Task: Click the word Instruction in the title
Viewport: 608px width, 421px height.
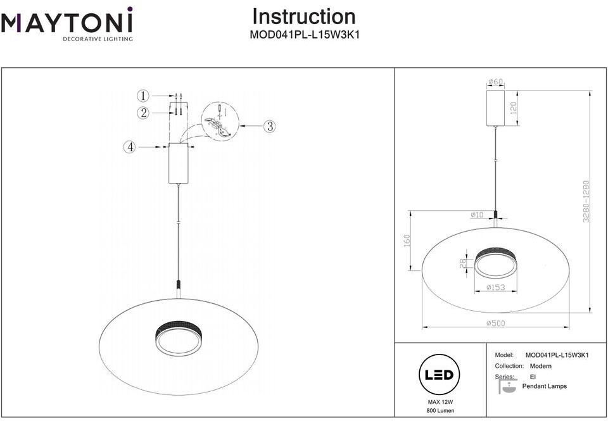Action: coord(304,16)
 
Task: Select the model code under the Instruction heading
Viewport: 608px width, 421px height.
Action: coord(305,35)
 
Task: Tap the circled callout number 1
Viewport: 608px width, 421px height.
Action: coord(143,96)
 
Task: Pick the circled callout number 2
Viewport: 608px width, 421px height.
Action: coord(143,113)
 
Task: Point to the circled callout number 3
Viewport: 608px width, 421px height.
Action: coord(270,126)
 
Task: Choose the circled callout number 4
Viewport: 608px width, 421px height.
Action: coord(130,148)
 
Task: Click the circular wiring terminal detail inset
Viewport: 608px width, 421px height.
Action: coord(220,121)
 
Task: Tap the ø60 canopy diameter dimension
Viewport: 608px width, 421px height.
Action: coord(495,82)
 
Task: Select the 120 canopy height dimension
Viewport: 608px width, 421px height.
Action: coord(514,108)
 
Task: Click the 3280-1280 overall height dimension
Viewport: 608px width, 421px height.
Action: coord(586,201)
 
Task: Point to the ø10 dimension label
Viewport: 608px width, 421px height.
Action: coord(477,215)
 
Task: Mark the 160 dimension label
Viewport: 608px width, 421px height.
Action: coord(407,241)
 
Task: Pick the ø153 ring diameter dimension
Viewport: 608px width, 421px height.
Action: coord(495,287)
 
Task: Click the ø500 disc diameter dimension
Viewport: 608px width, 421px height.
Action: coord(495,323)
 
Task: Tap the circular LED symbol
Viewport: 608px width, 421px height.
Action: coord(440,375)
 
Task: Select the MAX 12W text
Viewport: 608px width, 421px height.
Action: coord(440,403)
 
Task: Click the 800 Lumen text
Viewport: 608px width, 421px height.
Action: coord(440,410)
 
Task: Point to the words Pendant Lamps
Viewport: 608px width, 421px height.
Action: coord(545,386)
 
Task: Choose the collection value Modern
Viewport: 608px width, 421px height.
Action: coord(540,366)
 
